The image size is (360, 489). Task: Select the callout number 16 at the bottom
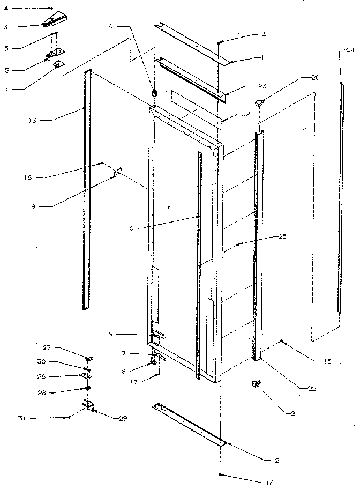269,483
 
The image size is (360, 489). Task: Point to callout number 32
231,115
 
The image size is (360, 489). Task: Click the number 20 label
315,78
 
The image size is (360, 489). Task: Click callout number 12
276,461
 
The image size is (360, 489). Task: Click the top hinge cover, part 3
53,21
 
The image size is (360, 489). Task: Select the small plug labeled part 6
155,92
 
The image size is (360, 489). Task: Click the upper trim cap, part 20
260,103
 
